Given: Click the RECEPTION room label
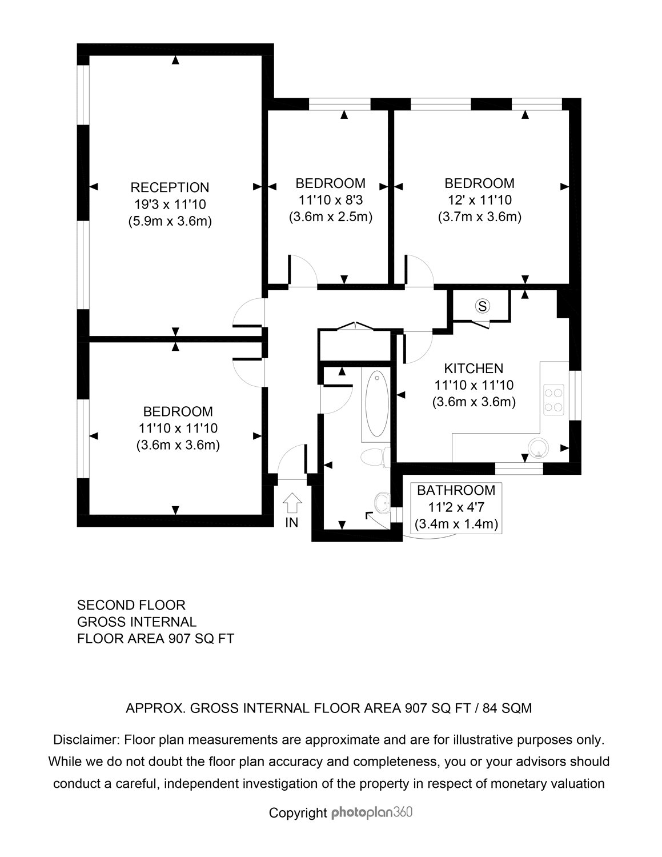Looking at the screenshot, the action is (170, 187).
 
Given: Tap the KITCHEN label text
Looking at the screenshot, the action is (474, 369).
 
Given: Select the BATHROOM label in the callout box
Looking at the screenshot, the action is (456, 490).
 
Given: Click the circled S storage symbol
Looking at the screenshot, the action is (483, 306).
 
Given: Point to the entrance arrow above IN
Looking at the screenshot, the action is (292, 503).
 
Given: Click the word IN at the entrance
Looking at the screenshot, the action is (292, 523).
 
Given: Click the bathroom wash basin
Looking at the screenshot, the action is (382, 503).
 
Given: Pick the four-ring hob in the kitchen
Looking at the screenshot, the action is (553, 399).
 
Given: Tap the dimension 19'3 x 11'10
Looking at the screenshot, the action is (170, 205).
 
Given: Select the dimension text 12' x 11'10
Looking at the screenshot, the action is (479, 200).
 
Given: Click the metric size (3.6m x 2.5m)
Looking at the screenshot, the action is (330, 217).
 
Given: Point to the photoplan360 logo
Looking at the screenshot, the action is (371, 812).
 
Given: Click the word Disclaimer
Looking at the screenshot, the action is (87, 739).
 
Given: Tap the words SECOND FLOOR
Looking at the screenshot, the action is (131, 605).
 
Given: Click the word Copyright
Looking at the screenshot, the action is (298, 813).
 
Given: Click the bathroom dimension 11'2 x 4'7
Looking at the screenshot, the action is (456, 507).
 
